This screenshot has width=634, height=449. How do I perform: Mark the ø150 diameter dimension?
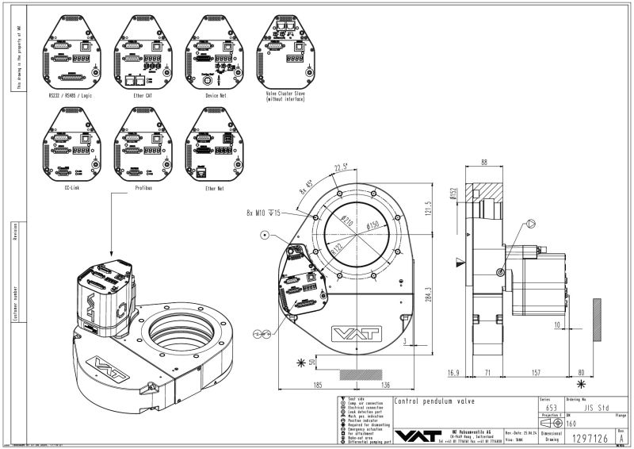[377, 226]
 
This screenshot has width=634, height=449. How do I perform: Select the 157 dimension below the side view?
[535, 370]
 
